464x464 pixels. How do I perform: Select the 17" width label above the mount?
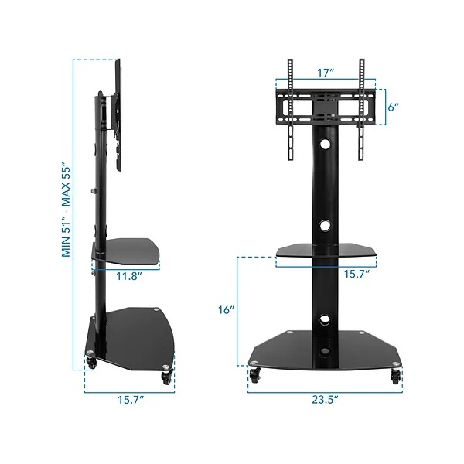coord(326,73)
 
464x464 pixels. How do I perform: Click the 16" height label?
coord(226,309)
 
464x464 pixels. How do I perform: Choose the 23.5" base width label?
coord(326,400)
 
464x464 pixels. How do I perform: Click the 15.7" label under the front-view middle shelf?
coord(357,274)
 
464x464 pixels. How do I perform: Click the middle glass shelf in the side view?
coord(128,250)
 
